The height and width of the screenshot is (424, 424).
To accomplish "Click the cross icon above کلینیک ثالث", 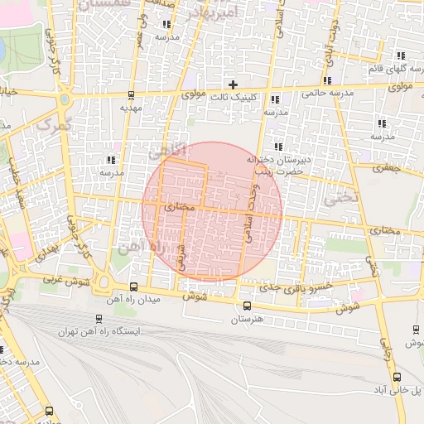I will [x=234, y=84].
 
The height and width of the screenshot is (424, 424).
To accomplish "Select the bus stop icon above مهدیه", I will [x=131, y=94].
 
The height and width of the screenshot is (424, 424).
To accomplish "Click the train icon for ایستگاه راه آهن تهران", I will [x=99, y=319].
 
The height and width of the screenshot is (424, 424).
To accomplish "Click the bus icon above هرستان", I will [x=247, y=306].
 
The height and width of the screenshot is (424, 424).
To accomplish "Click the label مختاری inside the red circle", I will [x=180, y=207].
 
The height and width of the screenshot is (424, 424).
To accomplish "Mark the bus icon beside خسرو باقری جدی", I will [x=293, y=304].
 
